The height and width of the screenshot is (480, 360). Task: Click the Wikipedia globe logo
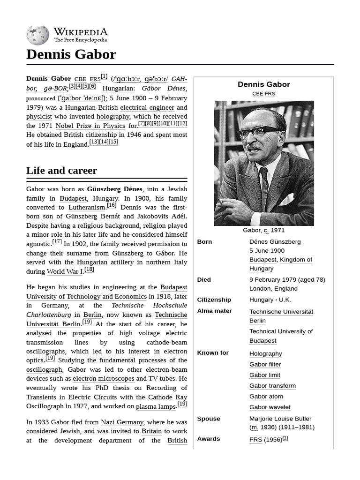click(x=37, y=35)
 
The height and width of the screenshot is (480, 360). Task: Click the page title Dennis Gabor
click(x=71, y=54)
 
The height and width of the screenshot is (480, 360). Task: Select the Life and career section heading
click(x=61, y=170)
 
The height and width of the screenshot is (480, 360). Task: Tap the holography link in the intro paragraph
click(x=113, y=116)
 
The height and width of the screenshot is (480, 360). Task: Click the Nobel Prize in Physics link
click(x=90, y=126)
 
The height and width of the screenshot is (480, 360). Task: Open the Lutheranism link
click(x=87, y=207)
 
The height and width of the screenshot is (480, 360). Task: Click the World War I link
click(x=65, y=271)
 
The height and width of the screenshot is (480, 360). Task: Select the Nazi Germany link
click(x=122, y=422)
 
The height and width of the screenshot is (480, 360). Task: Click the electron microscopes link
click(x=104, y=378)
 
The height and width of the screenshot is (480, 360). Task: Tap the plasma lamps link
click(x=156, y=406)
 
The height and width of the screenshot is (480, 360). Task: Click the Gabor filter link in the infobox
click(x=265, y=364)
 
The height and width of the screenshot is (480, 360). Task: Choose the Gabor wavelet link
click(x=270, y=407)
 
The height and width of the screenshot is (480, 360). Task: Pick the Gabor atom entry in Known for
click(x=266, y=396)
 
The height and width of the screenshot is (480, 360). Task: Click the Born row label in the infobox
click(x=204, y=241)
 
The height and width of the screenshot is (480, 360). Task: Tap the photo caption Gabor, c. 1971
click(x=263, y=230)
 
